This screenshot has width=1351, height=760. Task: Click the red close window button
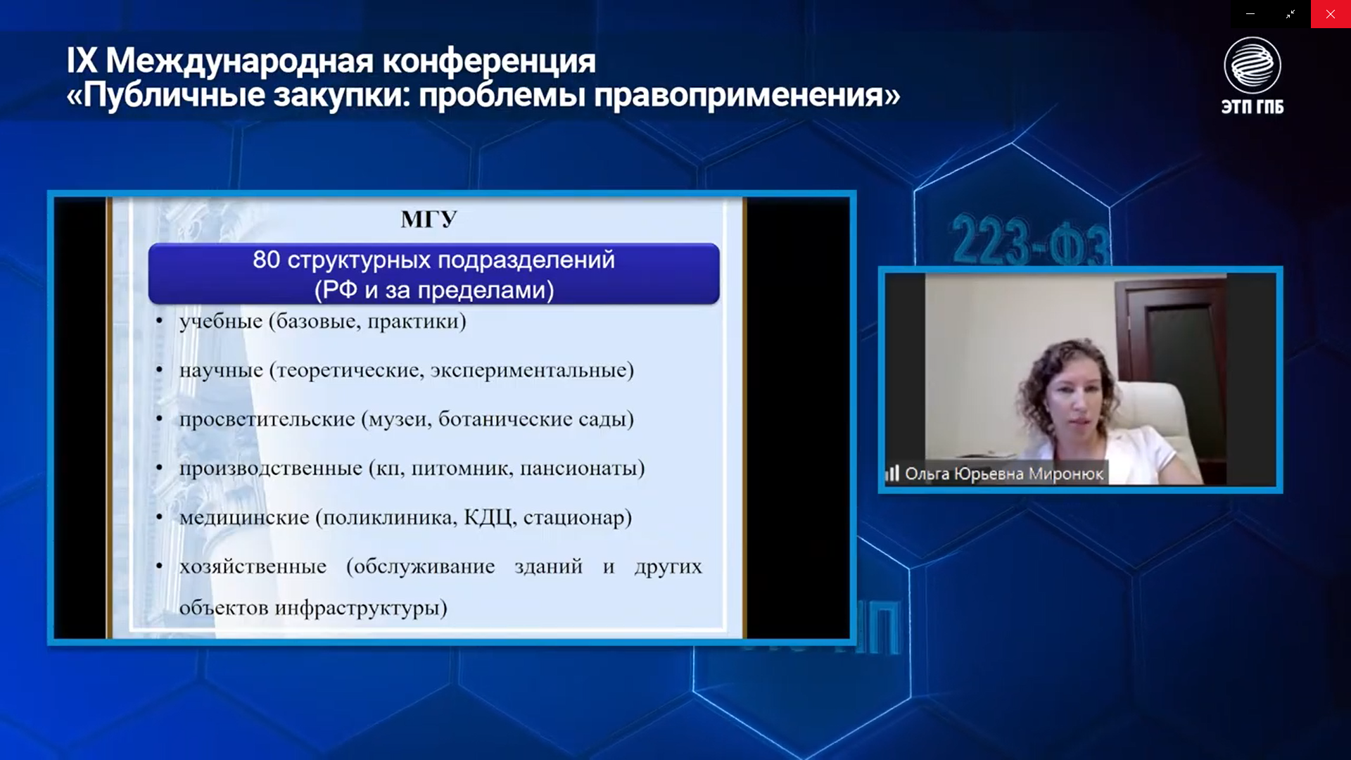click(x=1331, y=14)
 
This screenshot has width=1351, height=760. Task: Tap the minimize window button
click(x=1250, y=14)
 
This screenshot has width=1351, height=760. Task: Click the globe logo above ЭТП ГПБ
click(x=1252, y=65)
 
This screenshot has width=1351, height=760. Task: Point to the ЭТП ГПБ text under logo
click(x=1252, y=106)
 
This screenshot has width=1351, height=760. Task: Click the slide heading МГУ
click(x=429, y=220)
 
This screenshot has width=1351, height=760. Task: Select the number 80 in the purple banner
click(x=267, y=260)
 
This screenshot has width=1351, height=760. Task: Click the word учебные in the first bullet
click(x=221, y=322)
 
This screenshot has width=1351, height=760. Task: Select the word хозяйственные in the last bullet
click(x=253, y=566)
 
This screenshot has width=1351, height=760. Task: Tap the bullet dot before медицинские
click(x=160, y=518)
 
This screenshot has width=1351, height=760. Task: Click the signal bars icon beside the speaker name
click(x=892, y=473)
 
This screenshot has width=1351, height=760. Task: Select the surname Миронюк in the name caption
click(x=1066, y=474)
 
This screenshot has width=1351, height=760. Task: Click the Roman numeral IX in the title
click(x=82, y=61)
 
